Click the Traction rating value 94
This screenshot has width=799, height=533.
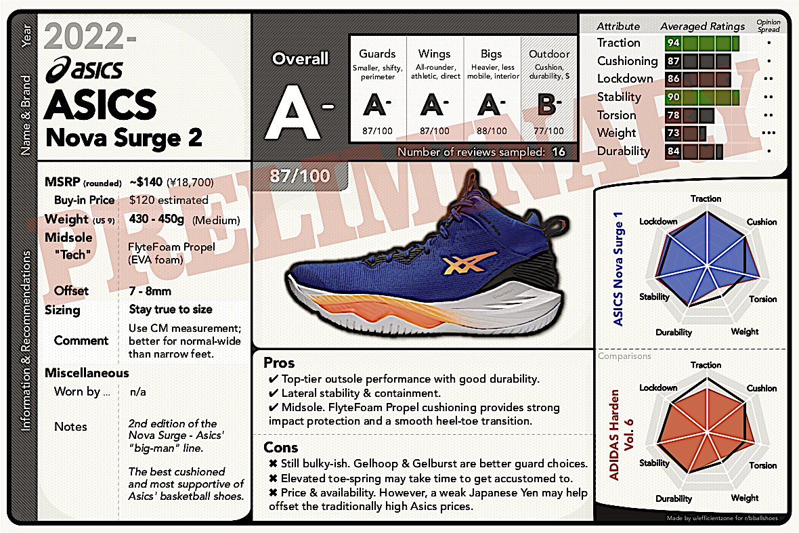673,43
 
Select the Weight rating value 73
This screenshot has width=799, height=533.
673,133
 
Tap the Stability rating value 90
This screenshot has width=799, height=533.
673,97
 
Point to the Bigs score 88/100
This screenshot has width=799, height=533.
492,131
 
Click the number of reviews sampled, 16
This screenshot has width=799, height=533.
559,152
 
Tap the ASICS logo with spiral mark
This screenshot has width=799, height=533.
85,69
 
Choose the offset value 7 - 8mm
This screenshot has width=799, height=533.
150,291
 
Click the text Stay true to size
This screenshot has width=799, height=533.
171,310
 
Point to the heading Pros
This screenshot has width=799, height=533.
279,363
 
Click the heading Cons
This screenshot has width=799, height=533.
281,448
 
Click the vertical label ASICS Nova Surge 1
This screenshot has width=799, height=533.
618,269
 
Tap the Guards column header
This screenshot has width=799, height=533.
377,54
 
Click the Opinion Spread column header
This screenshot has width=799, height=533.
769,26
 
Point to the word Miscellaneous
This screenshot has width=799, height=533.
87,373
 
